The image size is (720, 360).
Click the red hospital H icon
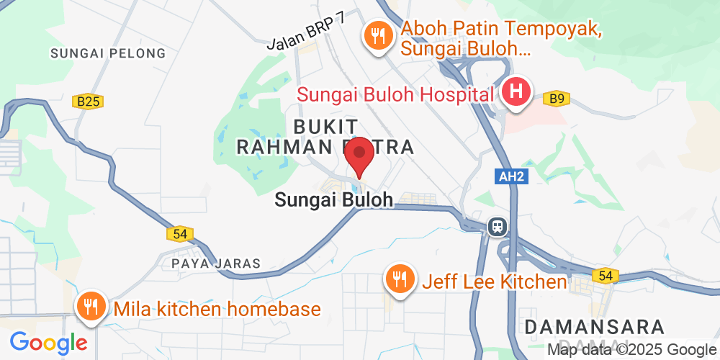516,92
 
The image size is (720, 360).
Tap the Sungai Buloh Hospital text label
395,94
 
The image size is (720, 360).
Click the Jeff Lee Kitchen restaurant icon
398,279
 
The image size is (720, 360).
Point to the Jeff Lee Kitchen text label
495,282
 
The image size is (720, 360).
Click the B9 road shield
556,99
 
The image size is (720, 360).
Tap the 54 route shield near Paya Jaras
180,233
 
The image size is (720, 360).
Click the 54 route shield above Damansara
603,275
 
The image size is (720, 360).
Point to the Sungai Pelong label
108,53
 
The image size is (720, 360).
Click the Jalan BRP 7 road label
306,32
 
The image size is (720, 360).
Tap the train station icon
497,227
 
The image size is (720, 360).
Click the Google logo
48,341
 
